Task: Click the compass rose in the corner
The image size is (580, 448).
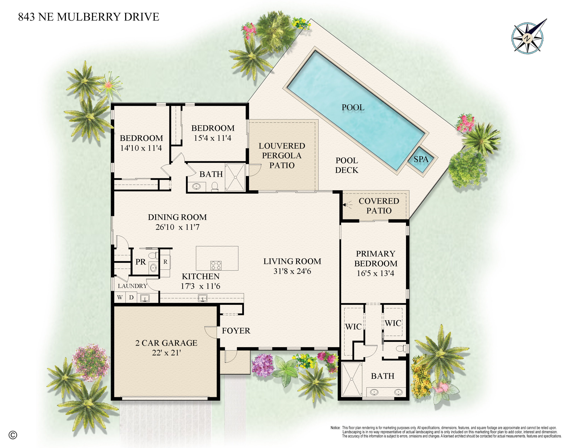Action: [x=527, y=38]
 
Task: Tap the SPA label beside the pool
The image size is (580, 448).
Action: [x=421, y=159]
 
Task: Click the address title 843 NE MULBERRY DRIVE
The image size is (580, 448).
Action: [x=88, y=17]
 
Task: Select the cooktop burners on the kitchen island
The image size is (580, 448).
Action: [x=216, y=265]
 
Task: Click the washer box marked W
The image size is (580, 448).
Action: [x=120, y=297]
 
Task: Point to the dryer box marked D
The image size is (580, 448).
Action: [x=131, y=297]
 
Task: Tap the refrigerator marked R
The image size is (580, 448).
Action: [x=165, y=262]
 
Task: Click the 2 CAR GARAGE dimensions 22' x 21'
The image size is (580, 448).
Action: [x=166, y=353]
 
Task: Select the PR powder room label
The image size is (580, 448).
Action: [x=141, y=262]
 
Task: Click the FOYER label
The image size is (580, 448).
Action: [x=236, y=331]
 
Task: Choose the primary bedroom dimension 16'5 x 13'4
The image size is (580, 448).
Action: [x=375, y=273]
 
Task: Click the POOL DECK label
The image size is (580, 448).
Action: [x=347, y=165]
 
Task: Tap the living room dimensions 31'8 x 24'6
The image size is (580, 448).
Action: [x=292, y=271]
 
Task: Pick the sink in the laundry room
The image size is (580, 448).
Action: [x=145, y=298]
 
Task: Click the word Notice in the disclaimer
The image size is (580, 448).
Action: [x=335, y=428]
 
